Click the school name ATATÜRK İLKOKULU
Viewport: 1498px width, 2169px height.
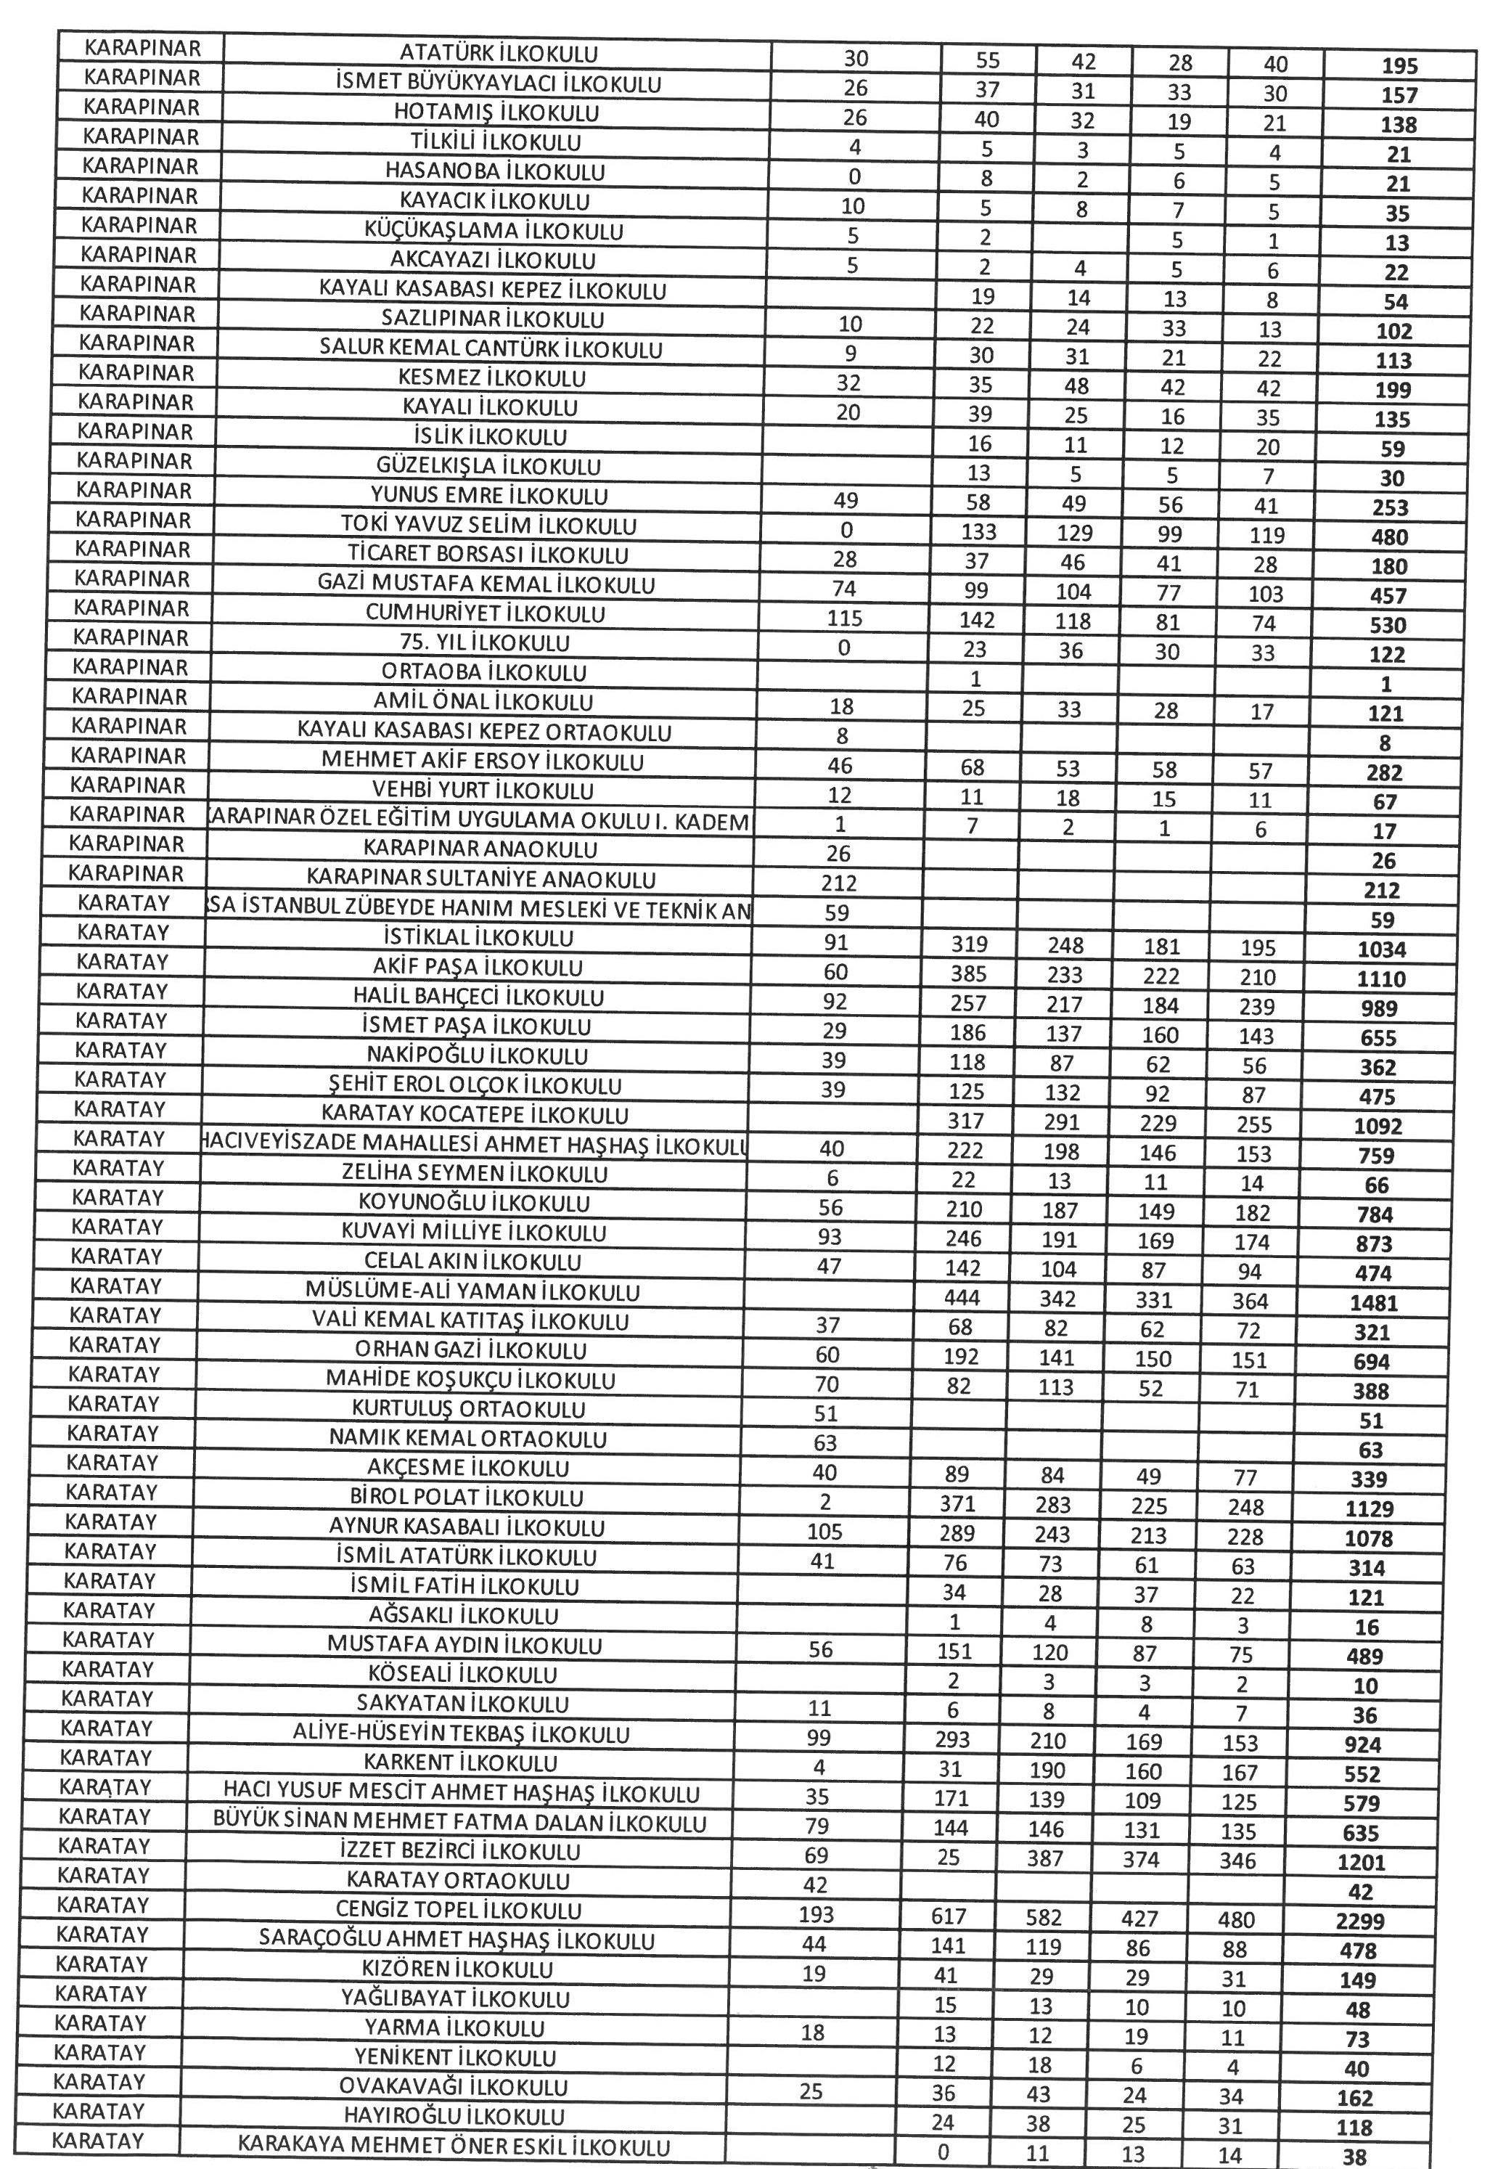[499, 54]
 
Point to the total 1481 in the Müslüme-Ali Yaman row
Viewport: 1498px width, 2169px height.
[1374, 1304]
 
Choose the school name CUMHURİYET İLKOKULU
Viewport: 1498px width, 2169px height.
[486, 615]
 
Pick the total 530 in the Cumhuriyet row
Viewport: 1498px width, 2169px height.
[1387, 626]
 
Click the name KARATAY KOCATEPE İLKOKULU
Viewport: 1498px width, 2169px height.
[475, 1115]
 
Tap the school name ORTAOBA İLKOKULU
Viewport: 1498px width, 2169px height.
[483, 673]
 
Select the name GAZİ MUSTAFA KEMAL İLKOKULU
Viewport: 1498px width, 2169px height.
[486, 585]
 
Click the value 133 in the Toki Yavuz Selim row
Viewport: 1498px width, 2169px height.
[979, 532]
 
